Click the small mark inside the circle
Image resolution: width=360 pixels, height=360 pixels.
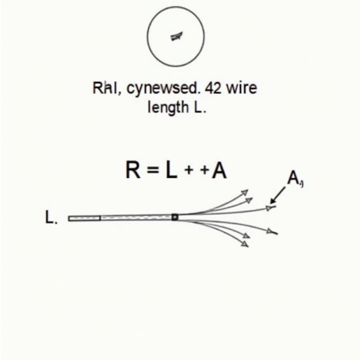click(176, 36)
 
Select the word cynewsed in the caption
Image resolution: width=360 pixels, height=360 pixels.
click(162, 89)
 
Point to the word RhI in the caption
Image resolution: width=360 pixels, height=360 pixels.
click(104, 88)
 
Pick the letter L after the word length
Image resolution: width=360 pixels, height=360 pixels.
click(197, 107)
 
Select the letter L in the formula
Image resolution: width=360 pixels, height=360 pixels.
click(171, 171)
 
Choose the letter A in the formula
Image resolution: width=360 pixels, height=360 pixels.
click(219, 171)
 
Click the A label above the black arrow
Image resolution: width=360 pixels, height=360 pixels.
click(293, 178)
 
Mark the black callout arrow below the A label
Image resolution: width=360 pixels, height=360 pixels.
click(278, 195)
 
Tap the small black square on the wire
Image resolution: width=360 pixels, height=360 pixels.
click(175, 217)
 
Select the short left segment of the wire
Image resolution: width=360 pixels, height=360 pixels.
click(84, 218)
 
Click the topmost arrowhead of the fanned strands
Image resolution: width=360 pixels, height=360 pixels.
click(244, 192)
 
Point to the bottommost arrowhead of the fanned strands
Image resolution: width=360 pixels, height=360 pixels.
click(245, 244)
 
